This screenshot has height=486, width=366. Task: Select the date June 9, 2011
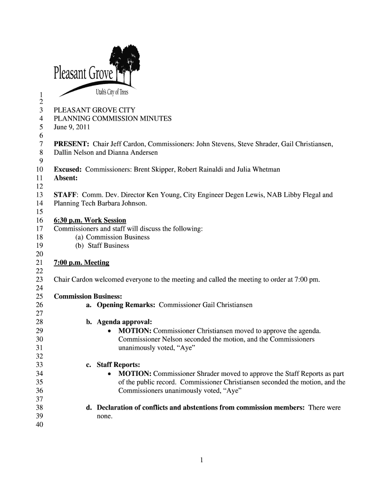72,127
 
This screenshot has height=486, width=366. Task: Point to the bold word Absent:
66,178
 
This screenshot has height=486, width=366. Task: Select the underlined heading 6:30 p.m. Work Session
90,220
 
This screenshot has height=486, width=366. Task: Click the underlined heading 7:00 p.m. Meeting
81,262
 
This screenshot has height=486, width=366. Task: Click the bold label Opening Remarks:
126,305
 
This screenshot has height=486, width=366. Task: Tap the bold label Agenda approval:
125,322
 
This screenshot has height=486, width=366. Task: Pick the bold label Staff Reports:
118,364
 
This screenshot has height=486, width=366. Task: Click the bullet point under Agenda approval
110,331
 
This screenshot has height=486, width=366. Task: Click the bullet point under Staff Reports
110,374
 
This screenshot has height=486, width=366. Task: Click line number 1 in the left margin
42,93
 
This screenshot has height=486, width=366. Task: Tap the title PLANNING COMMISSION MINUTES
113,119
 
